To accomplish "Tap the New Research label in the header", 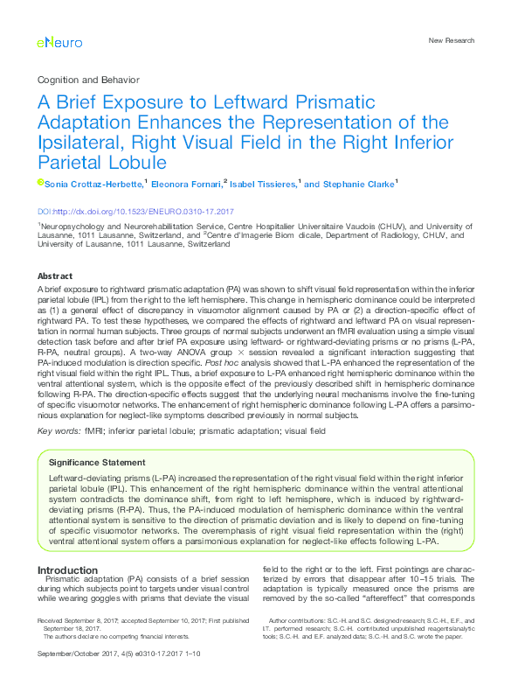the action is pyautogui.click(x=452, y=40).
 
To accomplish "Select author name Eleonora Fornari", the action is pyautogui.click(x=186, y=185).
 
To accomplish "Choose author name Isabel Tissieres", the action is pyautogui.click(x=263, y=185).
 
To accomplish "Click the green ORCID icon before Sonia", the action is pyautogui.click(x=40, y=183).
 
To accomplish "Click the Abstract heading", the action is pyautogui.click(x=56, y=276).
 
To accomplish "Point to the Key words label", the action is pyautogui.click(x=59, y=431).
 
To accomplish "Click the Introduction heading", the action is pyautogui.click(x=68, y=570).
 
